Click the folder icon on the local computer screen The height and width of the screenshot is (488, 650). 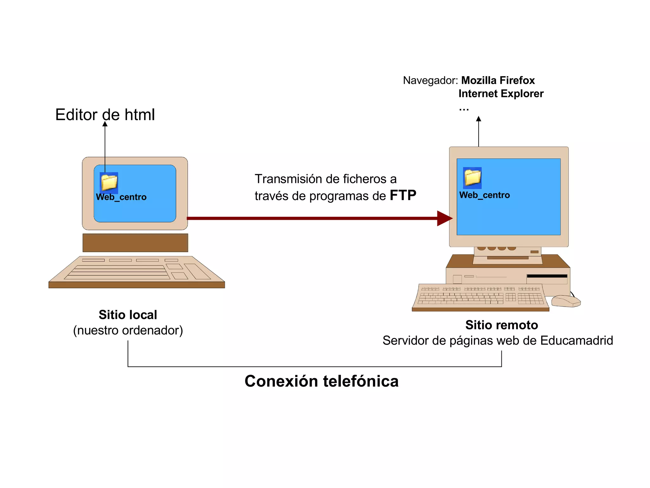(109, 182)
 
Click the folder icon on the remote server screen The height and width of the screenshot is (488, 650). (472, 178)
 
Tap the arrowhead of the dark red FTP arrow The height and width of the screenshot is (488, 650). (444, 218)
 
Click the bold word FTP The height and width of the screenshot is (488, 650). (403, 195)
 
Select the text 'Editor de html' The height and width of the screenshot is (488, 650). (105, 115)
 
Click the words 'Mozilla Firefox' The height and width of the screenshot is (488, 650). (498, 80)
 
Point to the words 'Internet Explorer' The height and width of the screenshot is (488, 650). (501, 94)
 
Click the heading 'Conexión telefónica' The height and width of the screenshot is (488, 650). (321, 381)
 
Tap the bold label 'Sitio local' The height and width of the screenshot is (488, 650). (128, 315)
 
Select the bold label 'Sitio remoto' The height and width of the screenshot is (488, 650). (501, 325)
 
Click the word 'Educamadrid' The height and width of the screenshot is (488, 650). (576, 341)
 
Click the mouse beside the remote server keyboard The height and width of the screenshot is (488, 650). (566, 301)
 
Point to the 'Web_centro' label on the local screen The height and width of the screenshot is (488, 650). (121, 197)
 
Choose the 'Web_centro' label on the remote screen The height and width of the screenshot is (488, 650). (484, 195)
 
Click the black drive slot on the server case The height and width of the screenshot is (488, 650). (547, 276)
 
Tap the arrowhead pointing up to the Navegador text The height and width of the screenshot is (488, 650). (479, 119)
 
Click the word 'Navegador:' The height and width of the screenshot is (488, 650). (430, 80)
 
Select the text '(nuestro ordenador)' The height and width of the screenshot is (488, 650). (128, 330)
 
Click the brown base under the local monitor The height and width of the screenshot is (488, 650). (135, 243)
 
